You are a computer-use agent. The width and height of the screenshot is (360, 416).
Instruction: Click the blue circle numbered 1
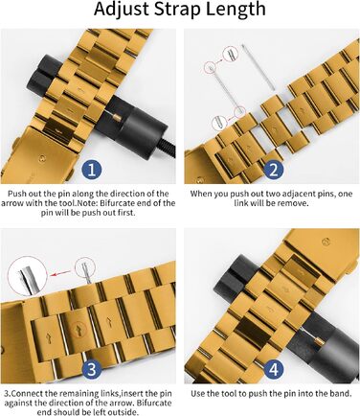pos(92,170)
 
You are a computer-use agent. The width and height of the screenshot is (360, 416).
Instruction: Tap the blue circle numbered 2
pos(274,170)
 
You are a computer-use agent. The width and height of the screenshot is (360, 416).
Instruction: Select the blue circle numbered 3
pos(92,369)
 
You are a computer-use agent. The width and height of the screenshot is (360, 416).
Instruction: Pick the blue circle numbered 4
pos(274,369)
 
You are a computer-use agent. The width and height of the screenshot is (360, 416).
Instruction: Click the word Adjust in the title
pos(122,10)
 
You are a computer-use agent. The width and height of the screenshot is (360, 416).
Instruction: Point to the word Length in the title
pos(236,10)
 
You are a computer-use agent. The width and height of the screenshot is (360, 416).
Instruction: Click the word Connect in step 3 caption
pos(24,393)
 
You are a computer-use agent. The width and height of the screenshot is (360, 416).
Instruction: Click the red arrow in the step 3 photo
pos(60,273)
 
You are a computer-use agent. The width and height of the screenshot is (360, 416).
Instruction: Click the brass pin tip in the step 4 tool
pos(318,344)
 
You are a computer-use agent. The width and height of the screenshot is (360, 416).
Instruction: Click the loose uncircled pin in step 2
pos(258,67)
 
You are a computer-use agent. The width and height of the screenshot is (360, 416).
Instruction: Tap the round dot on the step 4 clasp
pos(326,241)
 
